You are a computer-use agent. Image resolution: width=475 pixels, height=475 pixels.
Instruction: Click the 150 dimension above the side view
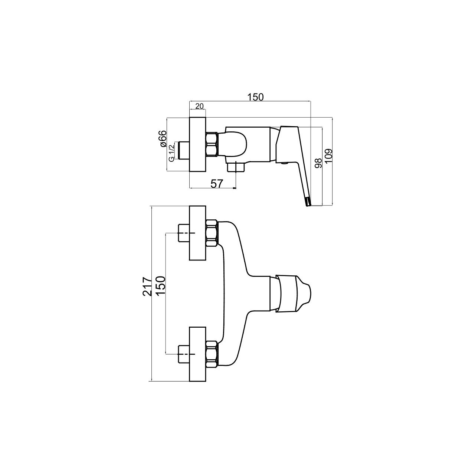tap(255, 97)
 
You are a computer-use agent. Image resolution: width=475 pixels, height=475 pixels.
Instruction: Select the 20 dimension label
tap(199, 106)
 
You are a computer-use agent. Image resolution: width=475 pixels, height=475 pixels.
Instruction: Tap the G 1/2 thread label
tap(171, 153)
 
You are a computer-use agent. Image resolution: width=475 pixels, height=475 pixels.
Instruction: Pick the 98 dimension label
tap(319, 163)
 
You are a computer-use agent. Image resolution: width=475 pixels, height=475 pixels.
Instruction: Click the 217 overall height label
tap(147, 286)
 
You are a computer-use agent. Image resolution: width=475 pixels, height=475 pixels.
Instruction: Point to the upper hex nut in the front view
tap(212, 233)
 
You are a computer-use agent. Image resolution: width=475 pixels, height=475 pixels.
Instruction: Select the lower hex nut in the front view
tap(212, 354)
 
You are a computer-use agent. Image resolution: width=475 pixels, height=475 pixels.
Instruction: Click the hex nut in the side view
tap(212, 144)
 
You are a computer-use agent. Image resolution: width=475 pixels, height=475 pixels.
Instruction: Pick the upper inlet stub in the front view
tap(183, 233)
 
